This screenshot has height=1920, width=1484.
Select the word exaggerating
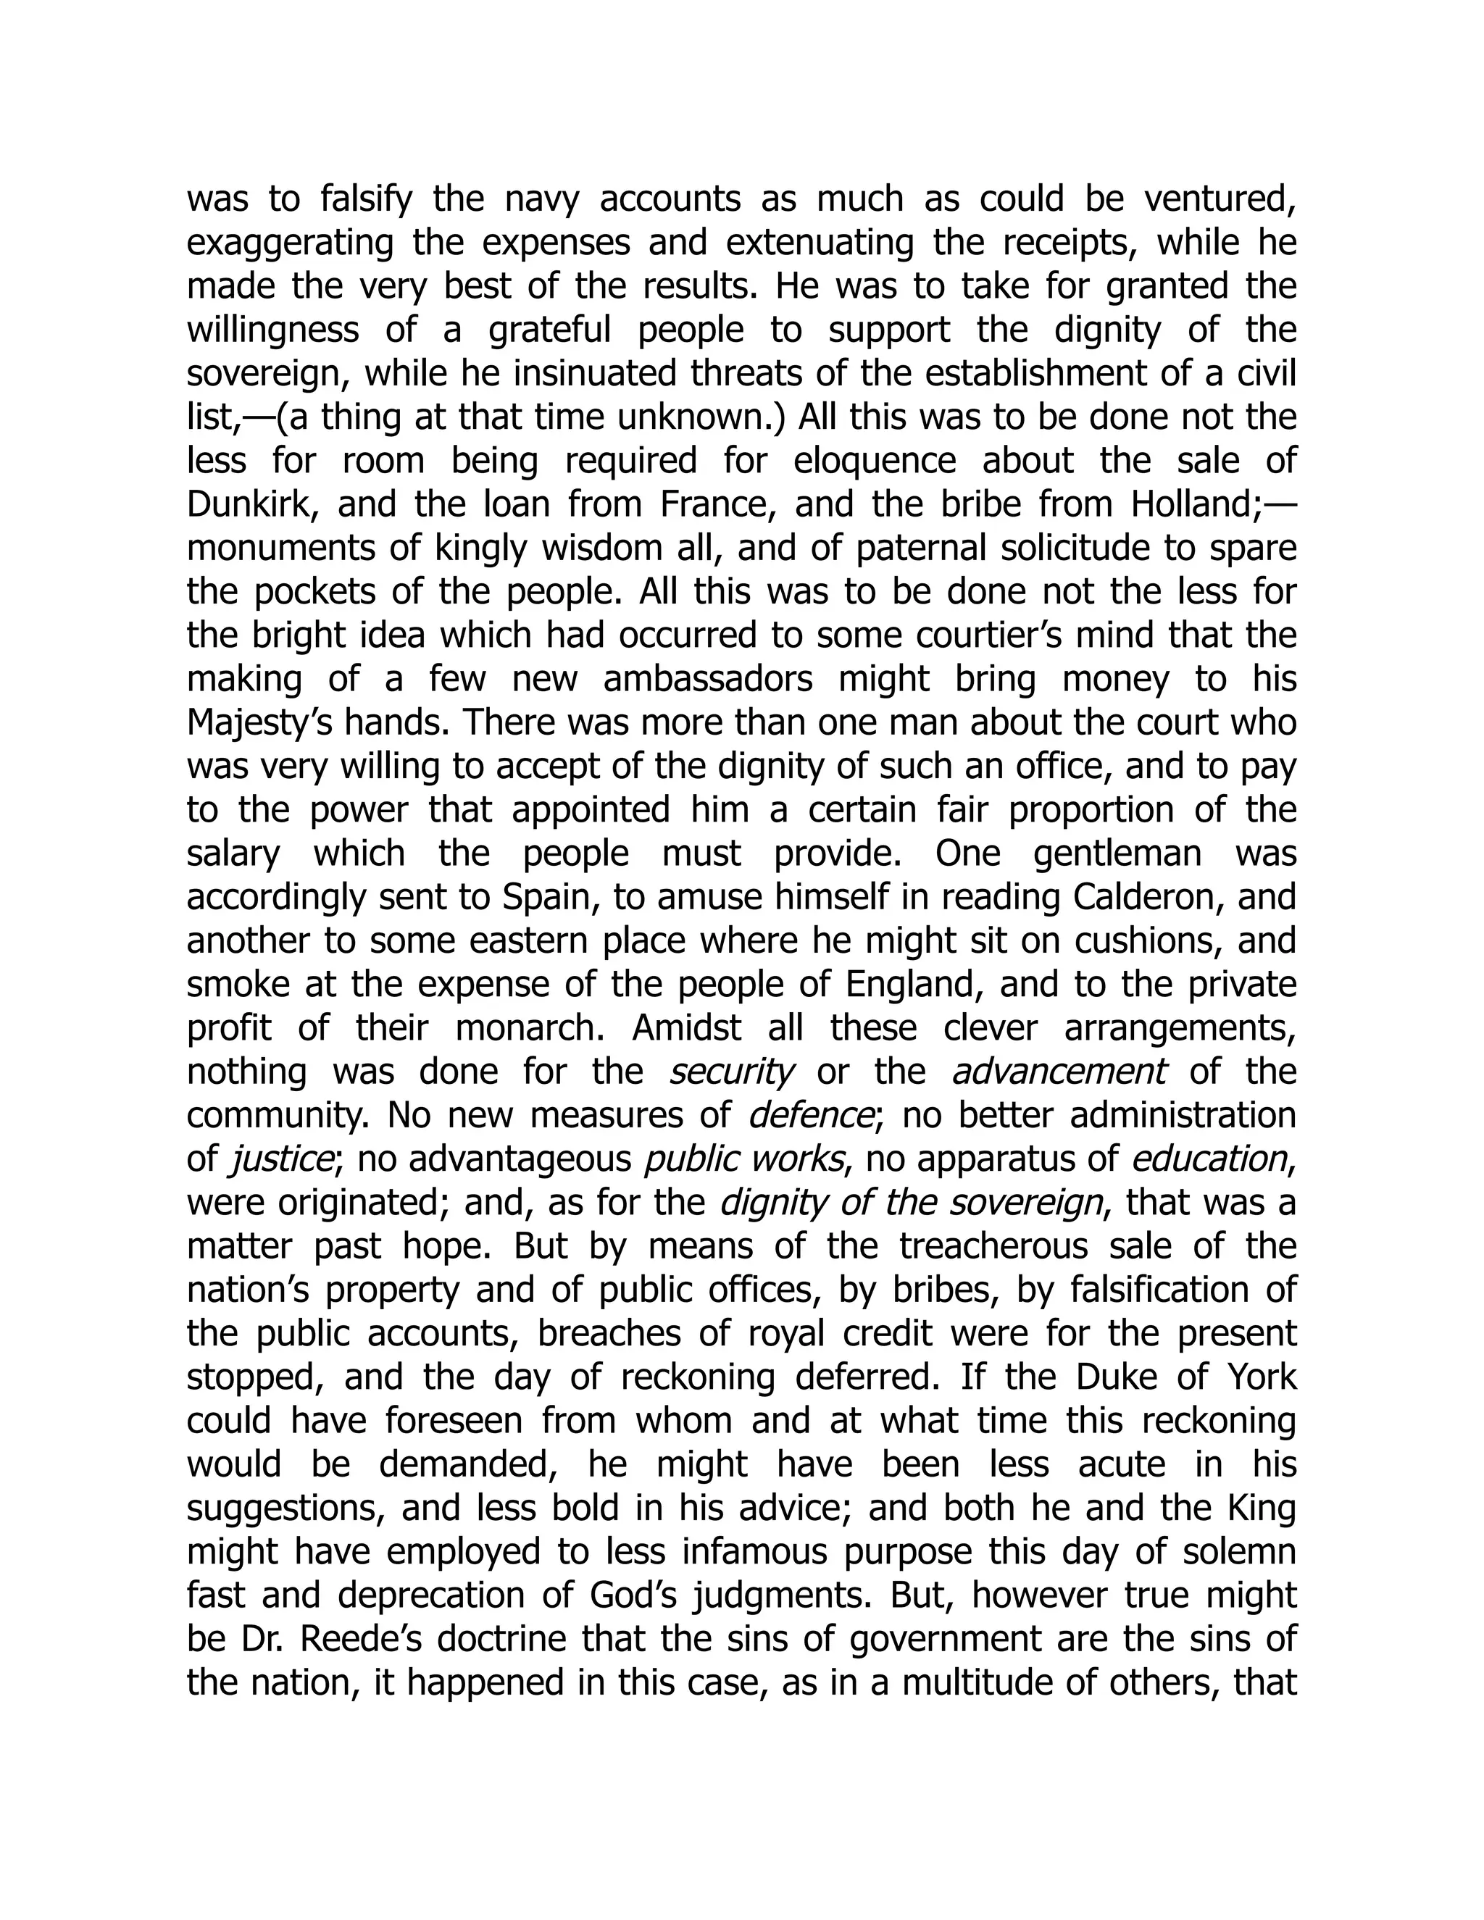click(290, 244)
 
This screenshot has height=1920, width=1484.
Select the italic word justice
click(280, 1159)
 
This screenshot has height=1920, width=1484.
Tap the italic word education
click(1209, 1159)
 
